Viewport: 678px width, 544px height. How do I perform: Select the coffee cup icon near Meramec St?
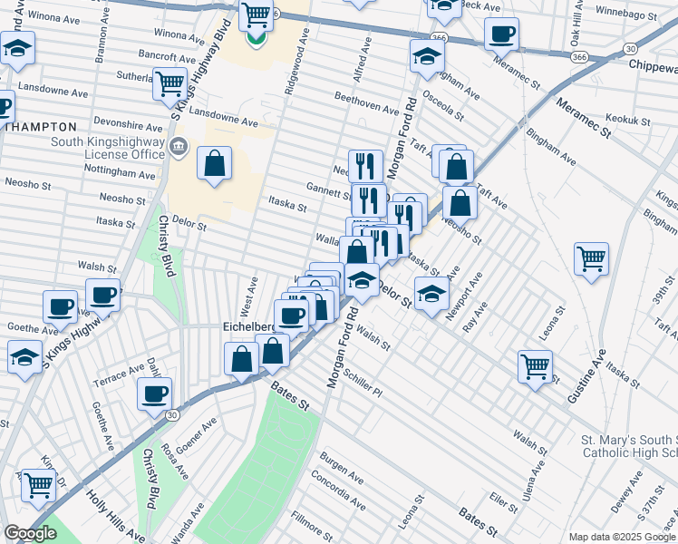[501, 34]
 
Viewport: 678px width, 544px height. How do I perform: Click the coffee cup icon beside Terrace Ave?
[154, 393]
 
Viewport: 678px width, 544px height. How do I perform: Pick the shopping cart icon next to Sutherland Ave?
[169, 83]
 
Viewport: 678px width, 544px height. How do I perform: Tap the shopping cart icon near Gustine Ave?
[536, 365]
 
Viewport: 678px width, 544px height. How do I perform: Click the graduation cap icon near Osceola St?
[427, 56]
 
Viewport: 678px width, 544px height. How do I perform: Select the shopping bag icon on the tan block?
[214, 164]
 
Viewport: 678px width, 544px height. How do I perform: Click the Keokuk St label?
[629, 120]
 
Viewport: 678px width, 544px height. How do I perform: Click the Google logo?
[30, 534]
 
